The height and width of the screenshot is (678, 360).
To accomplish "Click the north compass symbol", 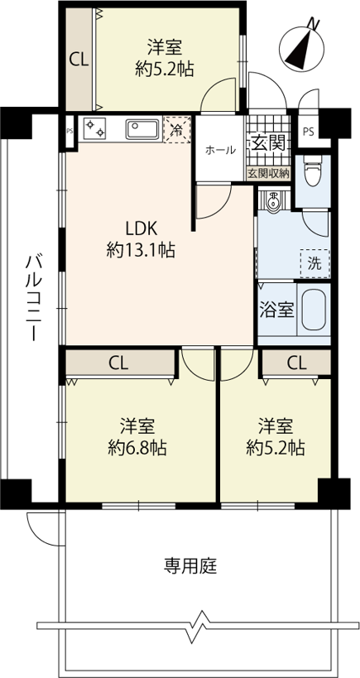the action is (x=302, y=46).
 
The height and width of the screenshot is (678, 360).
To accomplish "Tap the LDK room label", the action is (x=141, y=227).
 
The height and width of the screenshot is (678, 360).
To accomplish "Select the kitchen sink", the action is (x=142, y=129).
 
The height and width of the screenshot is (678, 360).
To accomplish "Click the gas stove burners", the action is (x=95, y=128).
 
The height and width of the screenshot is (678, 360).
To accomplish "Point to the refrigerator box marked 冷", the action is (x=177, y=129).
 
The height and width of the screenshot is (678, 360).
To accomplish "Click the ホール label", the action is (x=220, y=150).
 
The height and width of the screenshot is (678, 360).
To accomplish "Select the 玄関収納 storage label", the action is (x=268, y=174).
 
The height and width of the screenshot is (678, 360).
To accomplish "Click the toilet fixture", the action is (x=312, y=170).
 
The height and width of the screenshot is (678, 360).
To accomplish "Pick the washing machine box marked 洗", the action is (x=315, y=264).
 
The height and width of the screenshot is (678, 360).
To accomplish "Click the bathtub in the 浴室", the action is (x=314, y=310).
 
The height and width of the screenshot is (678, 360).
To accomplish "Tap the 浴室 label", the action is (x=276, y=310).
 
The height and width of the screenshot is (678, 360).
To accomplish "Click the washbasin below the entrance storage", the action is (x=273, y=201).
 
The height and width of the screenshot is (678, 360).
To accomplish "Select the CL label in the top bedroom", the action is (x=79, y=60).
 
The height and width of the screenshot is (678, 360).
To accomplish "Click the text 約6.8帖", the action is (x=137, y=449).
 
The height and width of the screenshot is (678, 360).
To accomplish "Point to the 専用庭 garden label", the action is (x=190, y=565).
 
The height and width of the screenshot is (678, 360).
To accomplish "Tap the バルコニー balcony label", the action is (x=32, y=298).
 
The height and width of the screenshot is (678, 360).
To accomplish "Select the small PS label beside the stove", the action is (x=70, y=131).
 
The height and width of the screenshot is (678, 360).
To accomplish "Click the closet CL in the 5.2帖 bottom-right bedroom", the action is (x=297, y=363).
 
